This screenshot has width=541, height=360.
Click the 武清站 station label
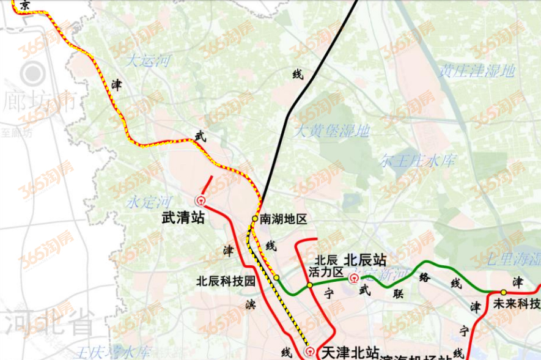tap(183, 218)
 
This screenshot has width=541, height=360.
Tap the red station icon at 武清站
tap(200, 200)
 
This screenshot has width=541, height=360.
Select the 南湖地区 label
tap(282, 219)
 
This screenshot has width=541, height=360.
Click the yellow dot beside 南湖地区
tap(255, 218)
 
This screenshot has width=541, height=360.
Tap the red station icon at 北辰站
tap(353, 279)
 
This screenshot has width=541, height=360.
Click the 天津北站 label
tap(346, 352)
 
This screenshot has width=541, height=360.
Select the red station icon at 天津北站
tap(311, 351)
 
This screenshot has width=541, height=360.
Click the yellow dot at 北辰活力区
tap(310, 285)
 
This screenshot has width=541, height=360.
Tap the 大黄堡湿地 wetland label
tap(332, 131)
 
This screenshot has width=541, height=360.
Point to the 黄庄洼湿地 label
tap(477, 72)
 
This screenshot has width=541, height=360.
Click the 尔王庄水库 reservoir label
tap(418, 161)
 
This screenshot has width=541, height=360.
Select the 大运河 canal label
tap(148, 61)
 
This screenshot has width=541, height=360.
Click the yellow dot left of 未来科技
tap(503, 292)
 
